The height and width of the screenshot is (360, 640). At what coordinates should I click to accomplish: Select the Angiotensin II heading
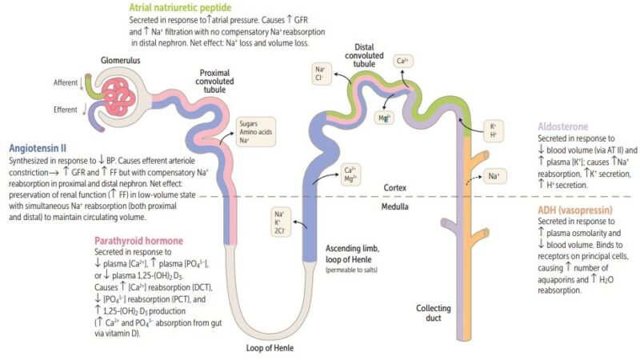(37, 148)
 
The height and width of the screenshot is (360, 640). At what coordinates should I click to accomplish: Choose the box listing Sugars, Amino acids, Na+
(255, 133)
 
